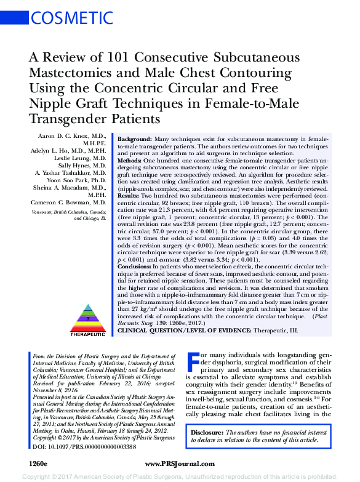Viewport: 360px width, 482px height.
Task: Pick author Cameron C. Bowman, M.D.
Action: pyautogui.click(x=68, y=202)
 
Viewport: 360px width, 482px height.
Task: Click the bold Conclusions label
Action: pyautogui.click(x=137, y=265)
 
